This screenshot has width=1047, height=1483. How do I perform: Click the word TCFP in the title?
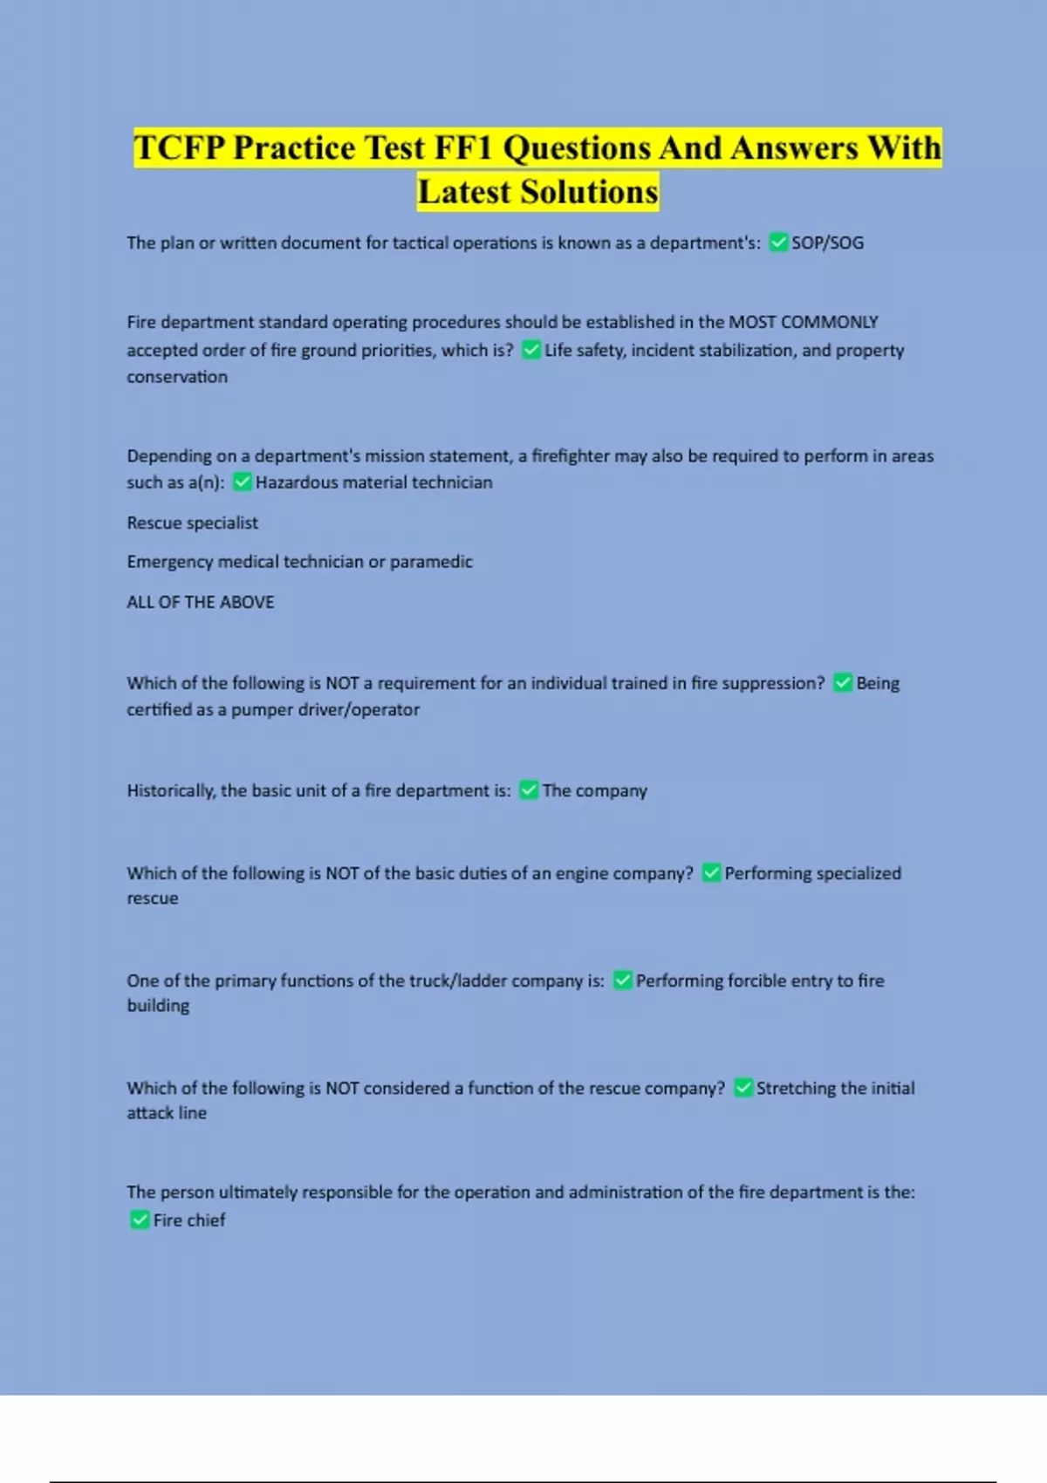tap(179, 148)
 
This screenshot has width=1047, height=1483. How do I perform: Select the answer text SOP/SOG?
tap(827, 243)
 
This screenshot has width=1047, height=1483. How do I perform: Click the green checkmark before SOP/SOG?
tap(778, 243)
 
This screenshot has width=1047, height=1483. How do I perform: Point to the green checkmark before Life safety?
tap(531, 350)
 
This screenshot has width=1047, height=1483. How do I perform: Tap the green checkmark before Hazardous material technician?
tap(243, 482)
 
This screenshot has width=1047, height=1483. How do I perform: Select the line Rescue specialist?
tap(192, 523)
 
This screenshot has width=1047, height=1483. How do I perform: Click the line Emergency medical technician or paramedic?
tap(299, 562)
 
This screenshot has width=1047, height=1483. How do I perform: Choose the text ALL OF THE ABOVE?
tap(200, 602)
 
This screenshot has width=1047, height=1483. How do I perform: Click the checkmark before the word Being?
tap(843, 682)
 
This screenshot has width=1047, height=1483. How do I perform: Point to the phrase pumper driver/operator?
tap(325, 710)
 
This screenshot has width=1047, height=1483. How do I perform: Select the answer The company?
tap(594, 790)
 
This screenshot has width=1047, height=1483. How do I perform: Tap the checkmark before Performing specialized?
tap(711, 872)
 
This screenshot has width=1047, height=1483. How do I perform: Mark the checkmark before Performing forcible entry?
tap(622, 981)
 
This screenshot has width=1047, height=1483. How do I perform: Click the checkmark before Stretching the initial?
tap(743, 1088)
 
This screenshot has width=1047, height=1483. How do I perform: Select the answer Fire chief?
tap(189, 1220)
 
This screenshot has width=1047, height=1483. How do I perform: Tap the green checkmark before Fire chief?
tap(140, 1220)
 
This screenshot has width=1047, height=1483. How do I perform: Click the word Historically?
tap(169, 791)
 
